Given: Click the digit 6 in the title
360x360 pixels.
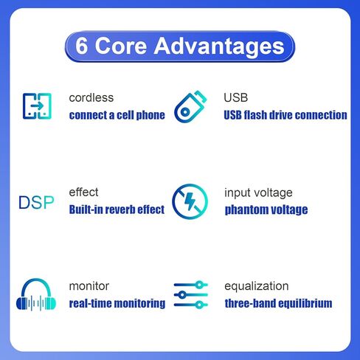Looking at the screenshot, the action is [81, 46].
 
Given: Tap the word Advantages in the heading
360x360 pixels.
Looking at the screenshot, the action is [219, 46].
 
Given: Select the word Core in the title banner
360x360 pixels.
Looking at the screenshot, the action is [121, 46].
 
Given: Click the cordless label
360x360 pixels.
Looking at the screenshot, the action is [91, 97].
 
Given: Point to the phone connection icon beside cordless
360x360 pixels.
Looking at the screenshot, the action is [37, 106].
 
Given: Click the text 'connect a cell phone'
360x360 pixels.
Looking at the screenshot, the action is [117, 115].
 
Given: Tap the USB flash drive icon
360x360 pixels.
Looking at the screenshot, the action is [190, 107].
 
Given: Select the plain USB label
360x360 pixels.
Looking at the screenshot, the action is [235, 97].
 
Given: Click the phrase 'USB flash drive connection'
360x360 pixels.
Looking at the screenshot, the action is [285, 115].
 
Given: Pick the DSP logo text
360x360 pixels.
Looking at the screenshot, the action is [36, 203].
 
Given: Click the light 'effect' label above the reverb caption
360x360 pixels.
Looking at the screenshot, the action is [83, 192].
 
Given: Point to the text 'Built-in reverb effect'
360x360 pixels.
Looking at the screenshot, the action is [117, 210].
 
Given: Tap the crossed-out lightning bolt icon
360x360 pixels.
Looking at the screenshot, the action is [190, 201].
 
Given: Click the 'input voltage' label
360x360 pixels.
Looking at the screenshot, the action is [258, 193].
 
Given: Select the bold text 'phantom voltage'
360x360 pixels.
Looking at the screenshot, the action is [266, 210].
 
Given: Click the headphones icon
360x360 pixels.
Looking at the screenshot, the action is [36, 294].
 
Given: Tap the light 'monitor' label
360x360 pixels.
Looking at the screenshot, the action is [89, 286].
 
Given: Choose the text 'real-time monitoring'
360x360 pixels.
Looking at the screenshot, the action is [117, 303].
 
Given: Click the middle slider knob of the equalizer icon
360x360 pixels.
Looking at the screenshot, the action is [182, 294].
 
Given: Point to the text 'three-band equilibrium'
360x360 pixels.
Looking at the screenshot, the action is [278, 303].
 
